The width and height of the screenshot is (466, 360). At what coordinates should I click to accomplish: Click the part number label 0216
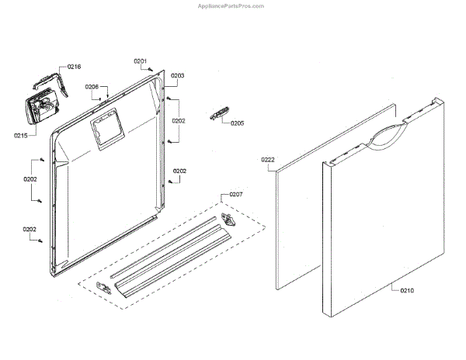(x=74, y=67)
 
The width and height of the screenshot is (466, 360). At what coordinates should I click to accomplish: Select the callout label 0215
(x=21, y=136)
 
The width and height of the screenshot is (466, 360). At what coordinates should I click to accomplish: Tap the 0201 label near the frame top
(x=140, y=61)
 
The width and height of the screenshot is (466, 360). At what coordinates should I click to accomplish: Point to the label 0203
(x=177, y=76)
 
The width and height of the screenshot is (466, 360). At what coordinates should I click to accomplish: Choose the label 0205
(x=237, y=123)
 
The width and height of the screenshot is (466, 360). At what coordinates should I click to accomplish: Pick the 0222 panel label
(x=268, y=160)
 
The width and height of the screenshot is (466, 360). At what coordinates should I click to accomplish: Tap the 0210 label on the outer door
(x=408, y=290)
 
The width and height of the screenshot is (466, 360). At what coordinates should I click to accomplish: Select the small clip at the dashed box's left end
(x=101, y=287)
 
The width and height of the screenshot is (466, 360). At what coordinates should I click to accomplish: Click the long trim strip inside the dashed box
(x=167, y=256)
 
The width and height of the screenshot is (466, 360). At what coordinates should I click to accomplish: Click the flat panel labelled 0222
(x=299, y=217)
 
